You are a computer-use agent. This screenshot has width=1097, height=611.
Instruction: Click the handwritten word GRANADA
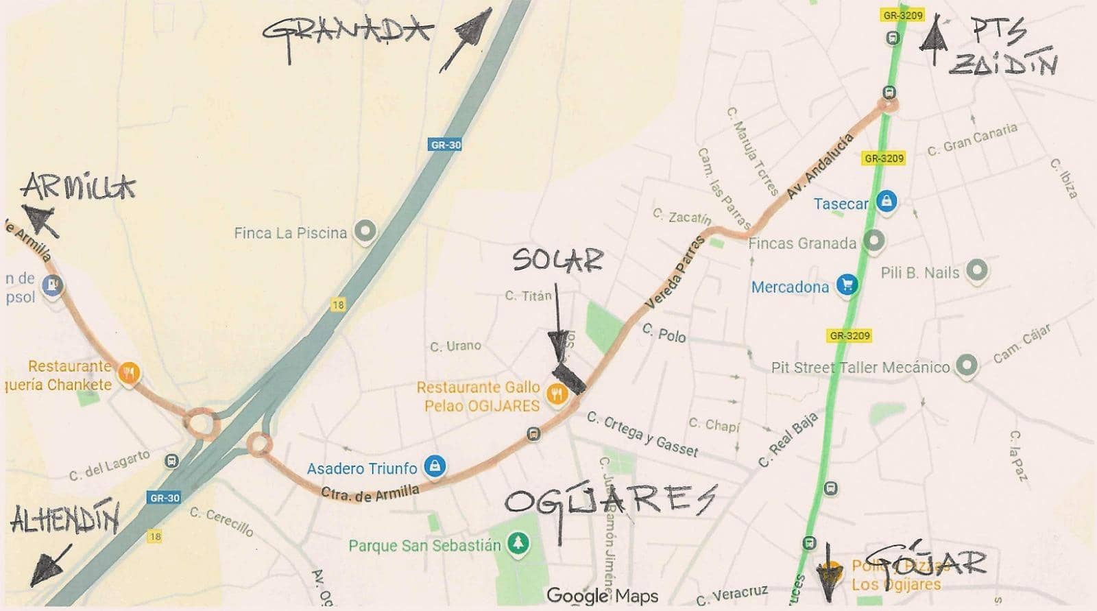(347, 32)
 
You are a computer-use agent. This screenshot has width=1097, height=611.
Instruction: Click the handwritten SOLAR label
(557, 259)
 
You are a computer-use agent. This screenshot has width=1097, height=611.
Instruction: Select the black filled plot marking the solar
(570, 377)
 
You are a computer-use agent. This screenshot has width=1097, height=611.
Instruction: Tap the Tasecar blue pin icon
(887, 202)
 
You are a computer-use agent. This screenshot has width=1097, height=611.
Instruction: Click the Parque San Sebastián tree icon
(518, 544)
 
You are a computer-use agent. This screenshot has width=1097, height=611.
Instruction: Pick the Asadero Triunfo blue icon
(434, 467)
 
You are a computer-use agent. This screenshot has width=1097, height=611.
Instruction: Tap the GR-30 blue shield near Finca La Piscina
(446, 145)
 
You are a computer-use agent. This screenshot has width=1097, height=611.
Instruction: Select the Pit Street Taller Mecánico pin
(965, 366)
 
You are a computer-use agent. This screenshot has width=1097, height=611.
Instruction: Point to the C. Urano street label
(455, 346)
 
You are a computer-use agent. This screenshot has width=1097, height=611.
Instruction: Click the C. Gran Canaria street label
(972, 140)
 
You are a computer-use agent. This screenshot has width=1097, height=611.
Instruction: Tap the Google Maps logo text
(602, 596)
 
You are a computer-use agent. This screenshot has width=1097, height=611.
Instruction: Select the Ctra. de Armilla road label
(370, 492)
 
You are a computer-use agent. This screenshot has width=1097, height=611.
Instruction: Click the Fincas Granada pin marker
(873, 241)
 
